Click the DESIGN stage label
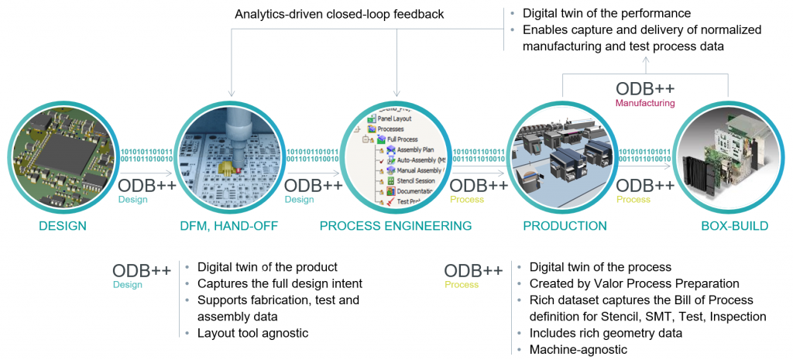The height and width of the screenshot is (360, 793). tap(62, 226)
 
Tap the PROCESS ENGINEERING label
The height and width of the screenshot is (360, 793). tap(396, 226)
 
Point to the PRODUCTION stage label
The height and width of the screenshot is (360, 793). tap(565, 226)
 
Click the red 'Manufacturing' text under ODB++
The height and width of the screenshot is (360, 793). tap(644, 103)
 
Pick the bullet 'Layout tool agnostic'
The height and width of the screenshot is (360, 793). tap(253, 332)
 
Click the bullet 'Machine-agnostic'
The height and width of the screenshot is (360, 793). tap(578, 349)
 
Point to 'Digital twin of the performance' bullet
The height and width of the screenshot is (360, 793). tap(606, 13)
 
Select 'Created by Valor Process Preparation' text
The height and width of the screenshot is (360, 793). tap(634, 283)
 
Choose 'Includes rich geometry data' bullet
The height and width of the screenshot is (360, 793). tap(606, 333)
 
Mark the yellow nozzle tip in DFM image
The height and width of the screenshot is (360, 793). tap(228, 166)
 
